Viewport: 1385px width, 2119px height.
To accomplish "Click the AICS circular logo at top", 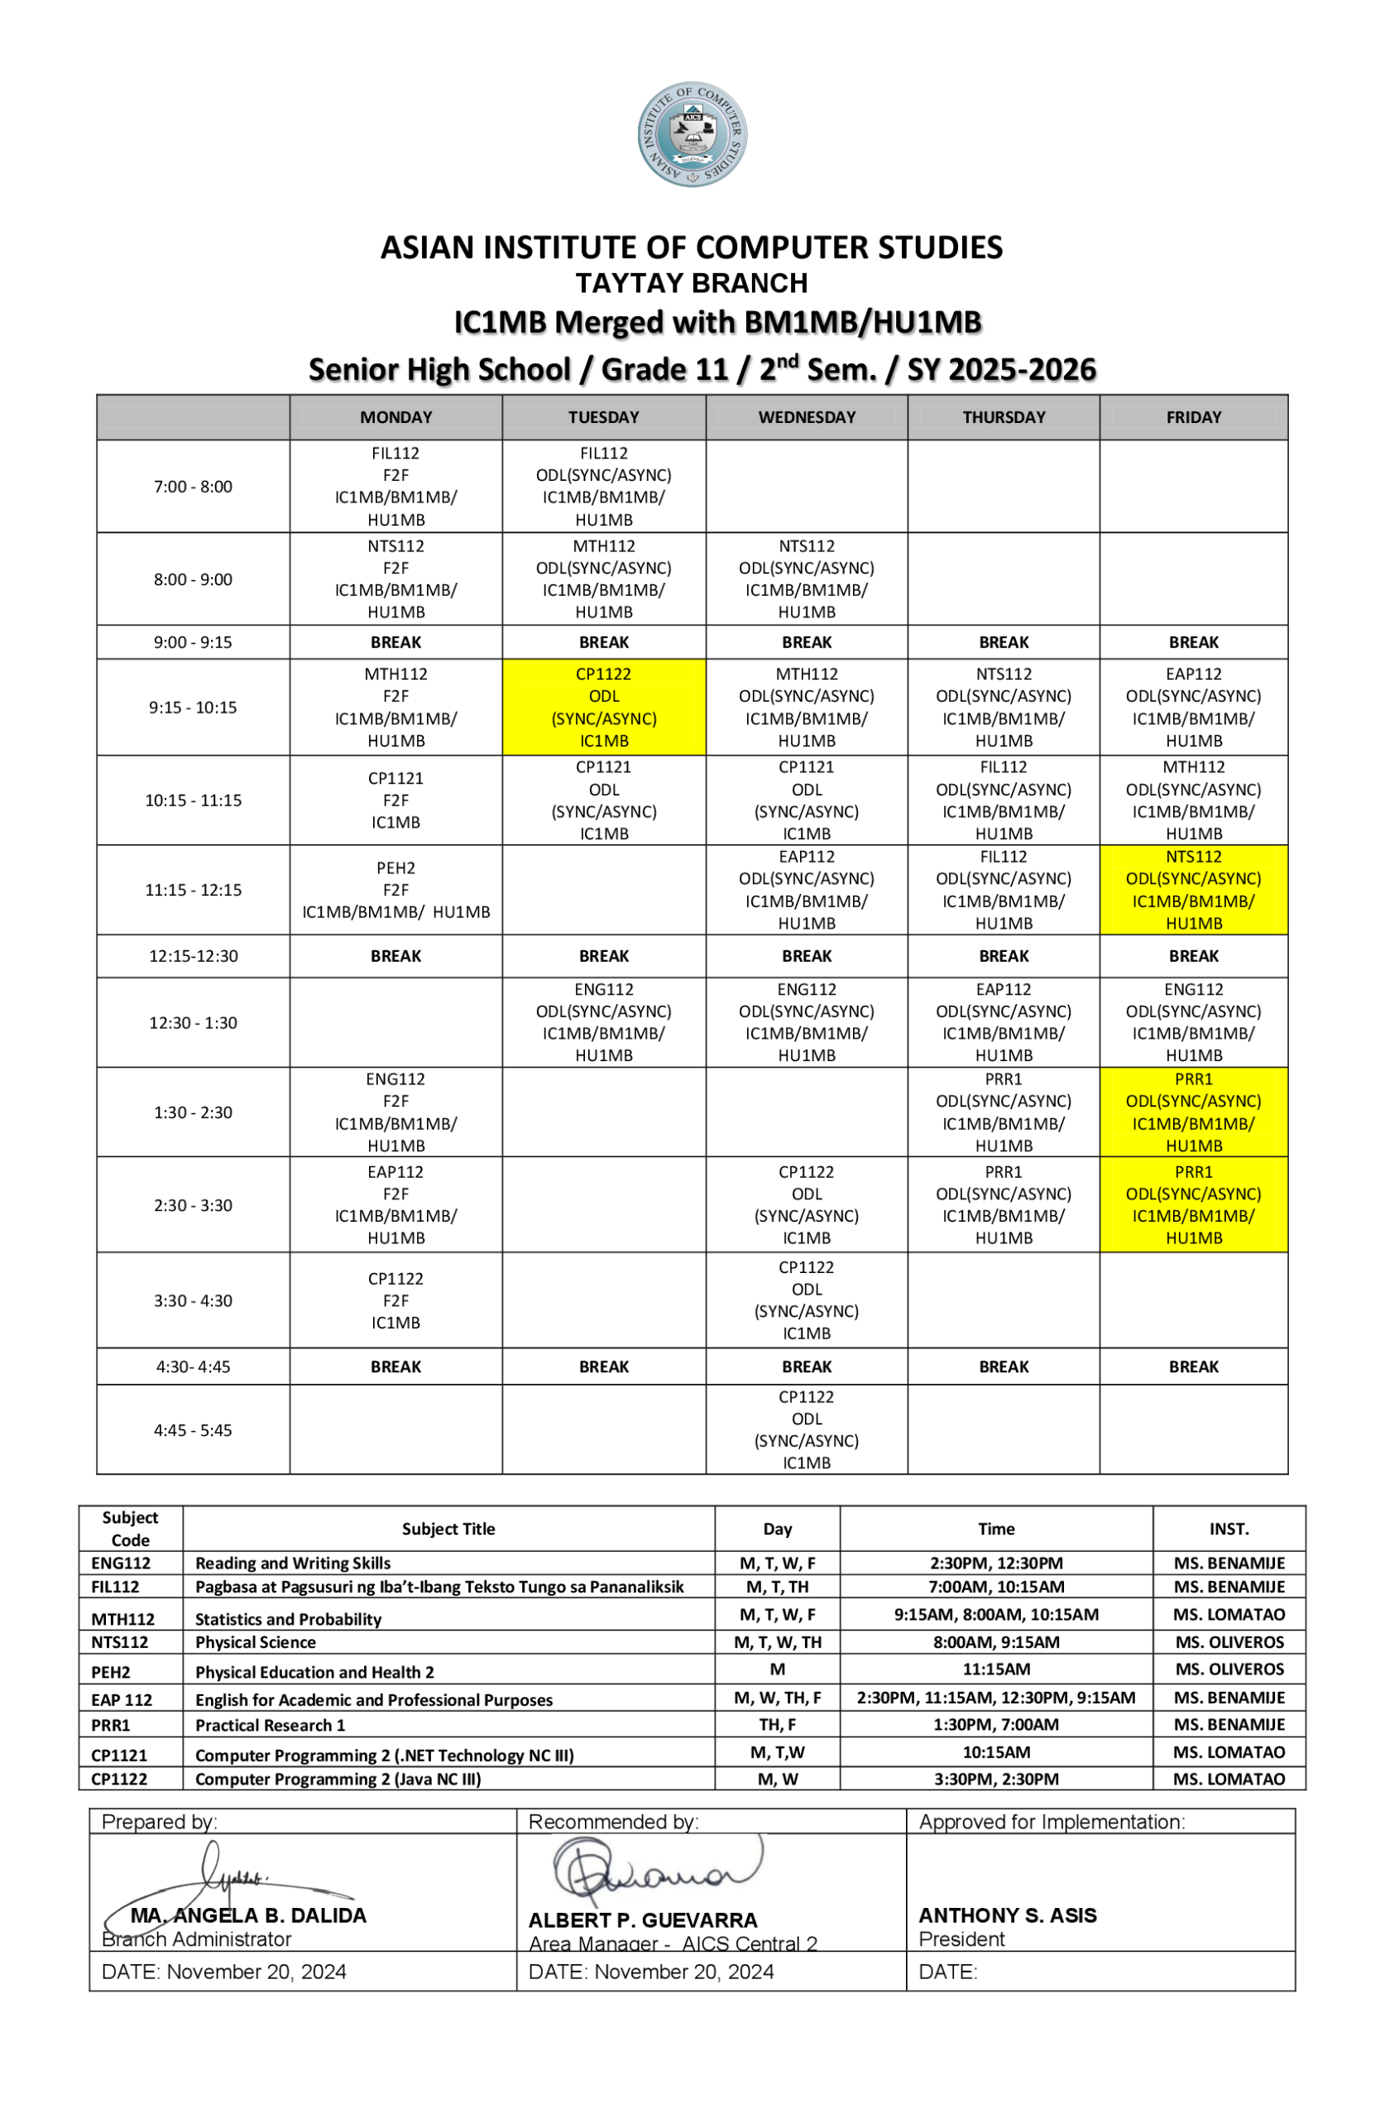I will (692, 134).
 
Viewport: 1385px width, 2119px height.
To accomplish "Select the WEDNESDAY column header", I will (807, 417).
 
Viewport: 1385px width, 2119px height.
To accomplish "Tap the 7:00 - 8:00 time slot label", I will (193, 487).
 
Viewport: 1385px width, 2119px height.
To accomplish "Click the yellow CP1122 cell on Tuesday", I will (603, 708).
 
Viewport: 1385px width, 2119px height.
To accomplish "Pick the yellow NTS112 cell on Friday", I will (1193, 890).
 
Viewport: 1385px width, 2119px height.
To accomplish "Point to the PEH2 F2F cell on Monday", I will (395, 890).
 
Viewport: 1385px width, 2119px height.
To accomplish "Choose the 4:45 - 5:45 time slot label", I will (193, 1429).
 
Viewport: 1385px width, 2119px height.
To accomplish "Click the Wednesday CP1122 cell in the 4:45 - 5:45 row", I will (807, 1429).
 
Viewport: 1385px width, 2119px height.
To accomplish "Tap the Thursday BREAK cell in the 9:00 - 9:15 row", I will (1003, 642).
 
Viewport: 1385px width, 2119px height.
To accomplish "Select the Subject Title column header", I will (448, 1529).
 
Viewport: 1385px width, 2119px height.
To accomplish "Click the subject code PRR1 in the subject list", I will (111, 1724).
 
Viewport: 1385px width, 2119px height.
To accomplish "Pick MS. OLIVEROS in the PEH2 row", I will (1229, 1670).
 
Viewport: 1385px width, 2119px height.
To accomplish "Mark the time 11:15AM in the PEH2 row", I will (996, 1670).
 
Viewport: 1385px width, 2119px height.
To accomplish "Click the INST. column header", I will (1229, 1529).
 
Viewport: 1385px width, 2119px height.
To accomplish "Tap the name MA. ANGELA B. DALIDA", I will (248, 1915).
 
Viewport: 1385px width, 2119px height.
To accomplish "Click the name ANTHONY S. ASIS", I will (1008, 1915).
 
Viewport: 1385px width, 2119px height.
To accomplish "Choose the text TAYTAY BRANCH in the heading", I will (692, 283).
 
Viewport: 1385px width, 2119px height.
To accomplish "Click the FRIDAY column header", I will (1193, 417).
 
